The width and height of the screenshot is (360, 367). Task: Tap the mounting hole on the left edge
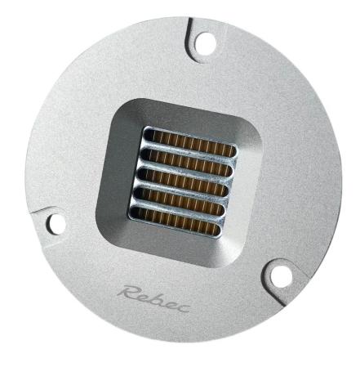click(x=57, y=222)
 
